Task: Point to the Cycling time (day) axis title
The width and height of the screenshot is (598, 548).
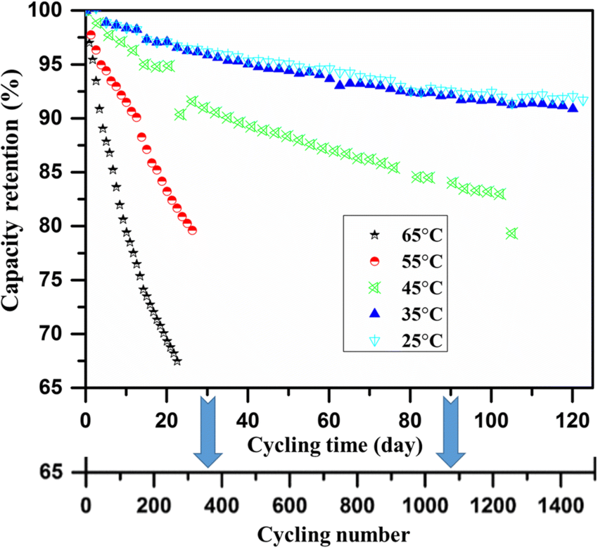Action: point(334,445)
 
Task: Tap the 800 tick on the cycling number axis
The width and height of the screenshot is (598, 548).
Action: point(357,506)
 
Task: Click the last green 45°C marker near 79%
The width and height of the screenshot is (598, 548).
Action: point(511,233)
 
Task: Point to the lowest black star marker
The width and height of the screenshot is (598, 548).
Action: point(177,361)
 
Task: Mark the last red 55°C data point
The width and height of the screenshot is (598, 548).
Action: point(192,230)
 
